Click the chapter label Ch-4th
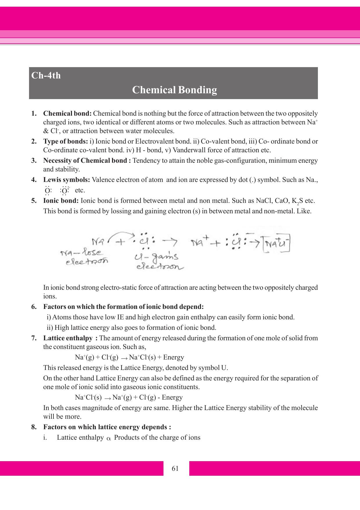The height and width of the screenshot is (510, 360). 46,76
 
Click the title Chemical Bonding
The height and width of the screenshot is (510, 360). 174,90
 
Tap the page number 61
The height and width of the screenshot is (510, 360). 175,468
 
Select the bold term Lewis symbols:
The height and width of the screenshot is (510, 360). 66,180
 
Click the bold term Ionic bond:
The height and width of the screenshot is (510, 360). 61,201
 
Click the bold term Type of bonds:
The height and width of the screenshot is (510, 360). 65,142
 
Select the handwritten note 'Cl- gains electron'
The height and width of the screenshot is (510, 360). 158,262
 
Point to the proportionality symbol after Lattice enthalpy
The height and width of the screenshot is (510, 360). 109,438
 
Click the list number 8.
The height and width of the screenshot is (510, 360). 34,427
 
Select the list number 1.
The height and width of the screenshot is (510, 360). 34,114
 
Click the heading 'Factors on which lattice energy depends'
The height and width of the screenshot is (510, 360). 107,427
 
